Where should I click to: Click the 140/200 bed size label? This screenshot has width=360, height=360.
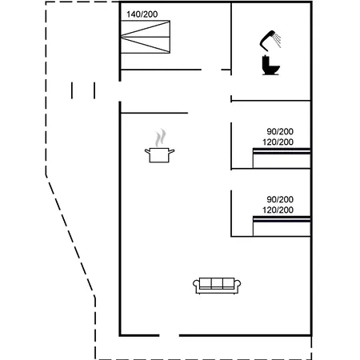(142, 14)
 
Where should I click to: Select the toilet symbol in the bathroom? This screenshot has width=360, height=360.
(270, 65)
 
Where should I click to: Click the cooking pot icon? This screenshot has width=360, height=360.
(159, 155)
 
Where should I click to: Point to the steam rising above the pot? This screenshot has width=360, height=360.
(161, 138)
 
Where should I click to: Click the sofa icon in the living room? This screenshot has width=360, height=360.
(217, 286)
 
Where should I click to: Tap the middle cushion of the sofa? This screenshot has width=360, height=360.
(217, 283)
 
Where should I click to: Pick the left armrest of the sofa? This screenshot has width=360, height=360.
(196, 286)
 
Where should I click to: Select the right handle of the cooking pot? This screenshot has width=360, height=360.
(172, 151)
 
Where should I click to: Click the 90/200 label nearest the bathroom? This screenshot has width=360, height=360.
(280, 131)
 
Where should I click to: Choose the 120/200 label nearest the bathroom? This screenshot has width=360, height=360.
(278, 142)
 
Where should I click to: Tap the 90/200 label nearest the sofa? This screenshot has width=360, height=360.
(280, 199)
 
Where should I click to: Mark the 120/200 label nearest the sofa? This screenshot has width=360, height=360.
(278, 210)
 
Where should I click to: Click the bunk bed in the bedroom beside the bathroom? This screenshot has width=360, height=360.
(282, 158)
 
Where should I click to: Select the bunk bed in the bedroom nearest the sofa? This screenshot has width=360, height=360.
(282, 226)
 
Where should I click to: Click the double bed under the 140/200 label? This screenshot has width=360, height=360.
(146, 37)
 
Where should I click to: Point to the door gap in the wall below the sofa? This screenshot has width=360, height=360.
(170, 335)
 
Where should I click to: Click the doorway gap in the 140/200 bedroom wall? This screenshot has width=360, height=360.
(211, 70)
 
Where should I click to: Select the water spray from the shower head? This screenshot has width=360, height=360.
(278, 41)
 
